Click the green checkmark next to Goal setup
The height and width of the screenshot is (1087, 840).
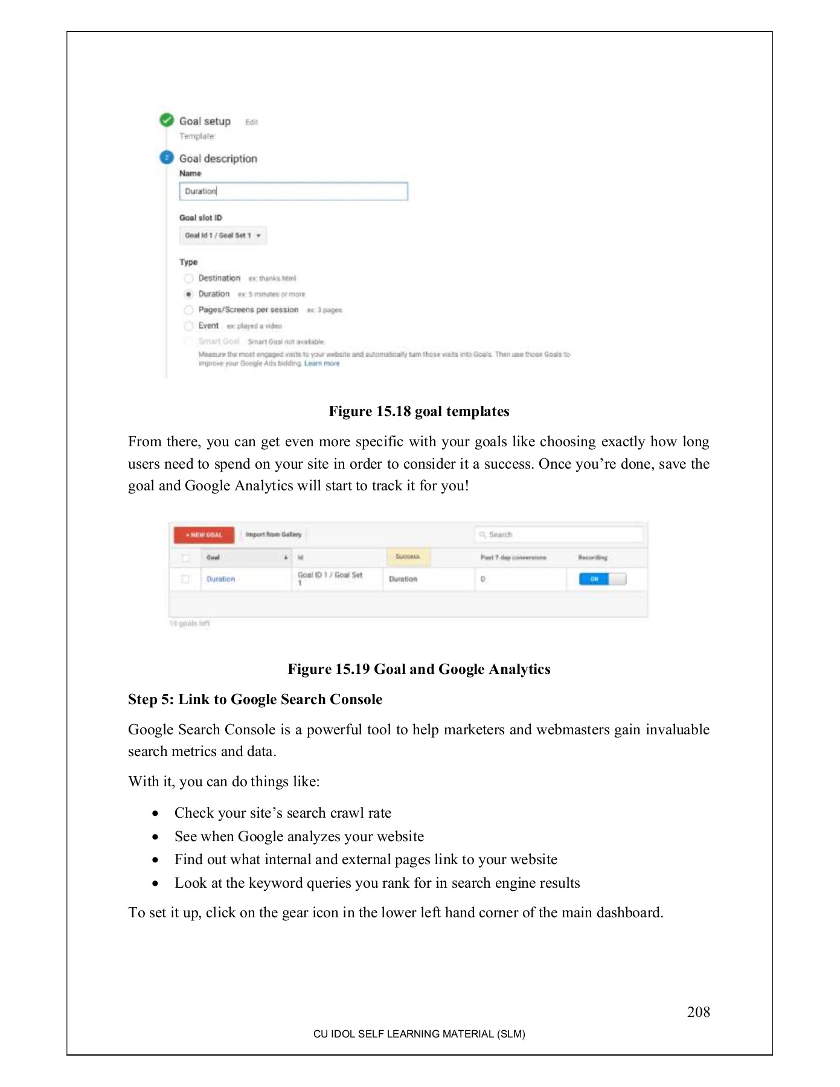click(x=167, y=120)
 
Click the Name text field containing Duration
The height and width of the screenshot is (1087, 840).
click(x=293, y=191)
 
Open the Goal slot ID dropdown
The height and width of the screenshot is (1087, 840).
click(x=223, y=236)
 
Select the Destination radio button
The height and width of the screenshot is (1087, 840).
click(x=188, y=278)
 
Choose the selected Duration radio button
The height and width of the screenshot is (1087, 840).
click(x=188, y=294)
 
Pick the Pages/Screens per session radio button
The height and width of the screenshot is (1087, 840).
click(x=188, y=310)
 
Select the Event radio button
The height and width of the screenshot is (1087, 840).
click(x=188, y=326)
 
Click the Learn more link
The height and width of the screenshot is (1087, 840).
click(x=322, y=364)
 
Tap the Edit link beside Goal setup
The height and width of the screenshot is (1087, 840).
click(x=251, y=122)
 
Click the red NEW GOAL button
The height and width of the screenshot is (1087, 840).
click(x=204, y=535)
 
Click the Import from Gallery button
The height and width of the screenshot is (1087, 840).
click(x=274, y=534)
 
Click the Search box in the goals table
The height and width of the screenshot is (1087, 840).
click(x=559, y=534)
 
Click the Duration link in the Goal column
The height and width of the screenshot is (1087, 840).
click(x=220, y=579)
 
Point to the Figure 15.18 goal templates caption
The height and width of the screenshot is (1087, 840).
click(x=419, y=412)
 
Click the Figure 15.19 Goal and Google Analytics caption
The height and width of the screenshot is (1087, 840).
click(x=419, y=669)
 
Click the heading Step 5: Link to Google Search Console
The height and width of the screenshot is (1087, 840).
click(x=255, y=699)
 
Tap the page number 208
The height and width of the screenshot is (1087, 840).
click(x=698, y=1012)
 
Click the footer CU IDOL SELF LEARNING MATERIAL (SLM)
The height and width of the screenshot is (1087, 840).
click(x=419, y=1034)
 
